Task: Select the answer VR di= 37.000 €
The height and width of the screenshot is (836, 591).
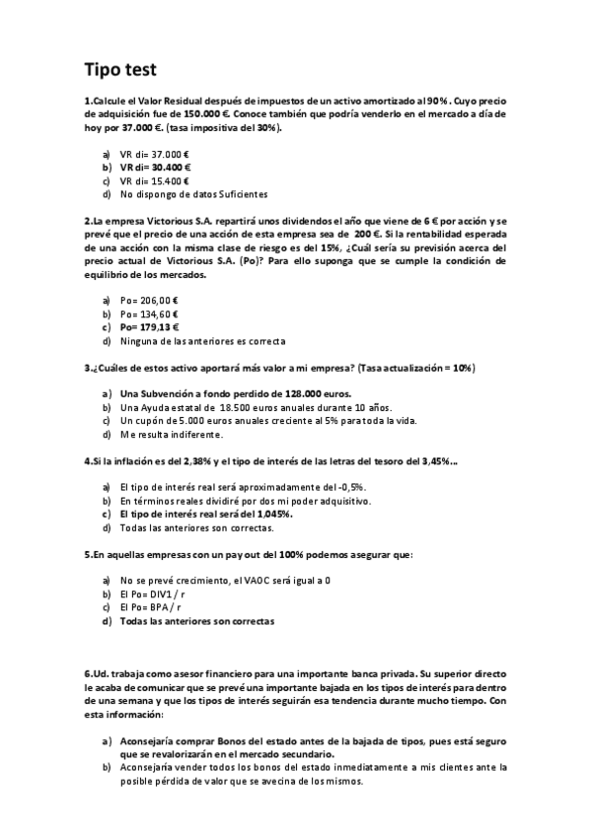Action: pyautogui.click(x=153, y=155)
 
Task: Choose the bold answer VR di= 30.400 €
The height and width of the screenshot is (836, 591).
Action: pyautogui.click(x=155, y=168)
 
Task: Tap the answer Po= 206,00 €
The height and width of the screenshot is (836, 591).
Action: pyautogui.click(x=149, y=300)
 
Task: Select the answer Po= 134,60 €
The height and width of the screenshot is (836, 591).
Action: pyautogui.click(x=149, y=313)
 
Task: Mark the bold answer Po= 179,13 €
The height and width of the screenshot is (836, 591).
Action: pyautogui.click(x=149, y=326)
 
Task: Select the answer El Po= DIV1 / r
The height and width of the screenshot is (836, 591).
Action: pyautogui.click(x=157, y=595)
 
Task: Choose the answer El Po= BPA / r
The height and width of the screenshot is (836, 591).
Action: pyautogui.click(x=155, y=608)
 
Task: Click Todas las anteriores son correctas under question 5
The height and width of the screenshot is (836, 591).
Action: pyautogui.click(x=196, y=622)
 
